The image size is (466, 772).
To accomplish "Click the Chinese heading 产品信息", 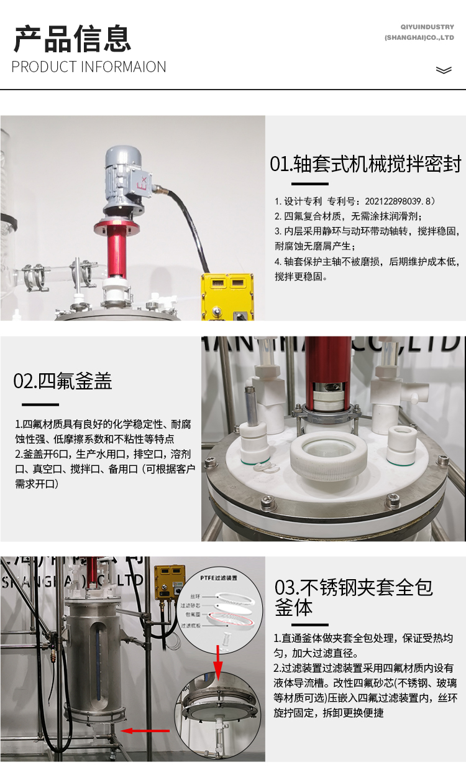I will point(72,39).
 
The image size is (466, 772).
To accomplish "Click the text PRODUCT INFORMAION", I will point(89,67).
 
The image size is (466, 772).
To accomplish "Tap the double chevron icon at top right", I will point(444,70).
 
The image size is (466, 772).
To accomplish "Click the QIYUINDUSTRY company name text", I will point(427,27).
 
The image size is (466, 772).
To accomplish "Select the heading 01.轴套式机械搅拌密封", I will point(365,164).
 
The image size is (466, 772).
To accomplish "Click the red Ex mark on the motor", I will point(143,184).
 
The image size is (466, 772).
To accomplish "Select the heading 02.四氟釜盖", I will point(63,381).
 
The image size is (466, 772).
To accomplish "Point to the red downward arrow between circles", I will point(218,660).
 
